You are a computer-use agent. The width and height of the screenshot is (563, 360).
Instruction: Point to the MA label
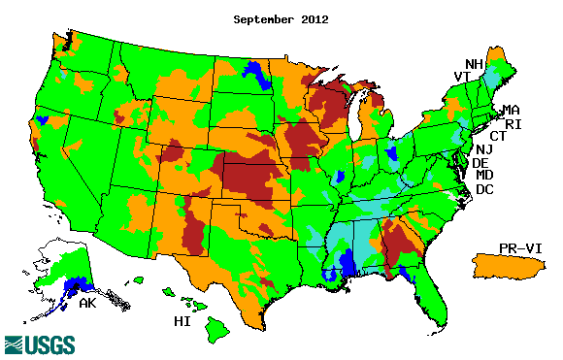[x=511, y=112]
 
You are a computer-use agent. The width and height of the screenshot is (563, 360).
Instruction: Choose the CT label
[x=497, y=137]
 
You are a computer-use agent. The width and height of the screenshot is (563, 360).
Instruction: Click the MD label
[x=484, y=176]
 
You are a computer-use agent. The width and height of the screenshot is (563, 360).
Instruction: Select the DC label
[x=484, y=189]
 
